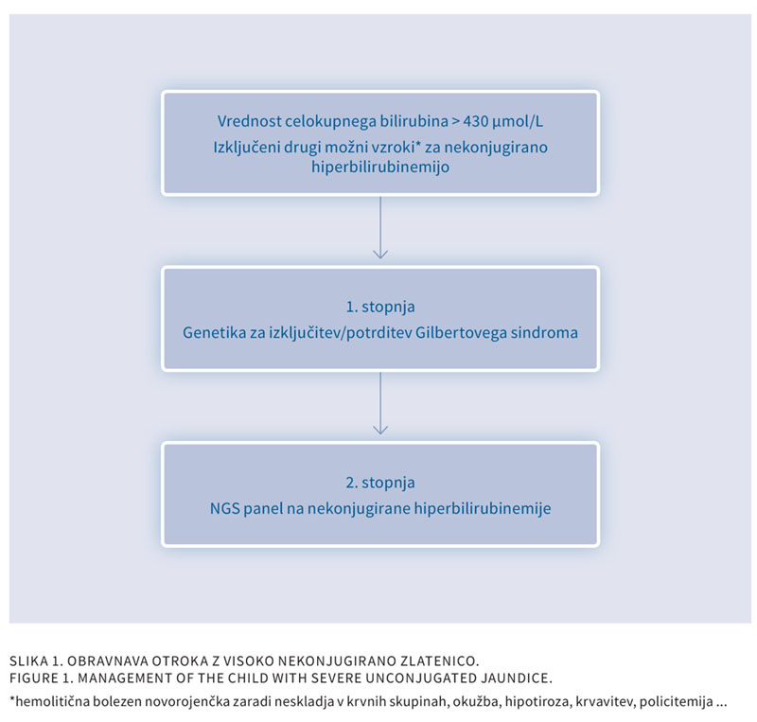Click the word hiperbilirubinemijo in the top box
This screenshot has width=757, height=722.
pyautogui.click(x=380, y=167)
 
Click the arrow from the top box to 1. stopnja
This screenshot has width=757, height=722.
pyautogui.click(x=380, y=227)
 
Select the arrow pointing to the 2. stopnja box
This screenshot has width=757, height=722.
pyautogui.click(x=380, y=403)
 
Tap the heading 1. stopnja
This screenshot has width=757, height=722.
pyautogui.click(x=380, y=308)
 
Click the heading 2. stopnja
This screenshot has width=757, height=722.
pyautogui.click(x=380, y=483)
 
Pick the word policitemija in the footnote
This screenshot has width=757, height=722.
pyautogui.click(x=676, y=701)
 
